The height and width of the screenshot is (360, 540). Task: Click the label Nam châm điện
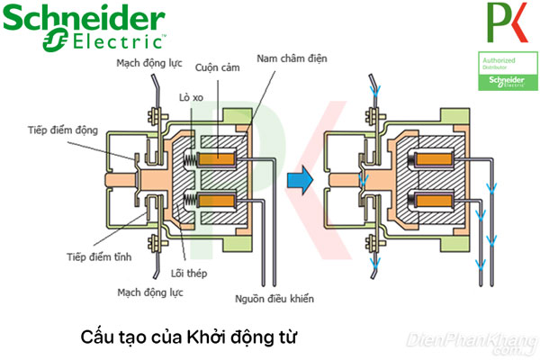click(x=290, y=58)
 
